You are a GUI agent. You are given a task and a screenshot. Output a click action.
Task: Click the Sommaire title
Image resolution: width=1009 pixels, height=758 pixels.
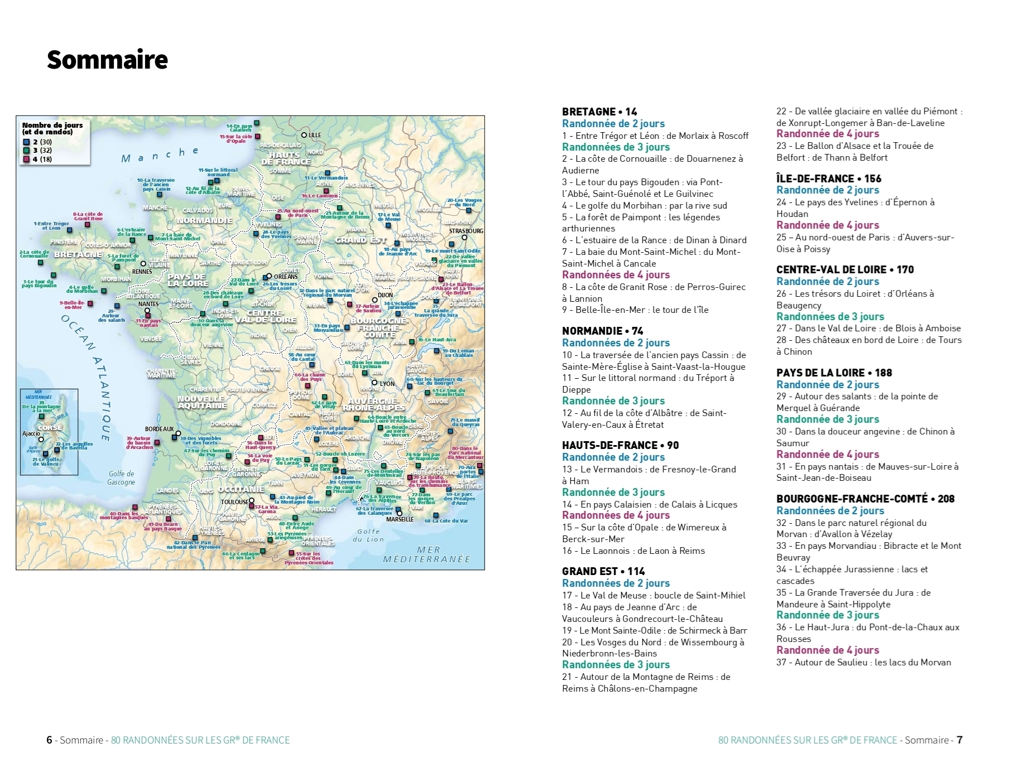tap(107, 60)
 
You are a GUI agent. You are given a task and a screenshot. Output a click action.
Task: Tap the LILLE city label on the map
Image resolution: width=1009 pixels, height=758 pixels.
tap(315, 135)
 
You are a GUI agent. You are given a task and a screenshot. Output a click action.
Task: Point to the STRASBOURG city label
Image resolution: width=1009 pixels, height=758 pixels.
tap(466, 231)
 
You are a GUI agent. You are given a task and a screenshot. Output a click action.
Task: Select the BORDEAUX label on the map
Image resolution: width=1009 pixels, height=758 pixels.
tap(159, 429)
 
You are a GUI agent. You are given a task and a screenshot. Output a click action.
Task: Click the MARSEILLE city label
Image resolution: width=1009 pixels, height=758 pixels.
tap(400, 519)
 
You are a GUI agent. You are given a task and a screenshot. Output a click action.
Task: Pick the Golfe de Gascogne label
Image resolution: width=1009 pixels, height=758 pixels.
tap(121, 478)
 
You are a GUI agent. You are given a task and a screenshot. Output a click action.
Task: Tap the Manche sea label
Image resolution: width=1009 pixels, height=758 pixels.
tap(160, 155)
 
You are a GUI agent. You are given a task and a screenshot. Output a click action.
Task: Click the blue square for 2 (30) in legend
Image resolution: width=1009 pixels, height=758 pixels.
tap(26, 142)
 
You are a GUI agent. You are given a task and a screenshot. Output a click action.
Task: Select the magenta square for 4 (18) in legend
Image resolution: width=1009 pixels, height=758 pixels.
tap(26, 160)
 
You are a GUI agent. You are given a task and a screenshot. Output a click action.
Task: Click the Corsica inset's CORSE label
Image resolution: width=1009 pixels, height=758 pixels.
tap(50, 428)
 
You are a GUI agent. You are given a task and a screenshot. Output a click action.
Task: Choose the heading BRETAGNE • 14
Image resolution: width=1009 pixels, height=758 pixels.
tap(599, 112)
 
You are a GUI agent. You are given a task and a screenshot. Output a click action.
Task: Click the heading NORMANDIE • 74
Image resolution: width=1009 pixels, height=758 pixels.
tap(603, 331)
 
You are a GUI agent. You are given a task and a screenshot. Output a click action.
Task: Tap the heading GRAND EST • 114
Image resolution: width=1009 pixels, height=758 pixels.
tap(603, 571)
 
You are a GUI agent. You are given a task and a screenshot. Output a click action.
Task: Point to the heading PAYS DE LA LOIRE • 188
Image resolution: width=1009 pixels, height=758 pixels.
tap(834, 373)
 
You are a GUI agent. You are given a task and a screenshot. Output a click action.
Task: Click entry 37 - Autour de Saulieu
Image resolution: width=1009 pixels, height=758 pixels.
tap(863, 662)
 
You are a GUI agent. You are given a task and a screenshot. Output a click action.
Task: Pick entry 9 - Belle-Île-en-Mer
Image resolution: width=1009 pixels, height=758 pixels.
tap(635, 310)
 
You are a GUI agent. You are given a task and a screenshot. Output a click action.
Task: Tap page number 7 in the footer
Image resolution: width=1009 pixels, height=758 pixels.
tap(959, 740)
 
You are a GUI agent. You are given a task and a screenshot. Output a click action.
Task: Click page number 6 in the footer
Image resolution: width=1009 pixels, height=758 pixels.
tap(49, 740)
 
